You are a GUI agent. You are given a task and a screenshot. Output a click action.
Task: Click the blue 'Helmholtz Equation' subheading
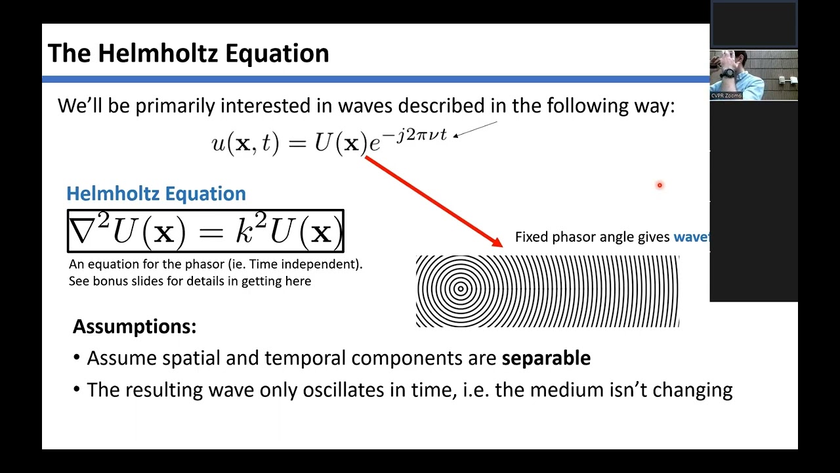coord(156,194)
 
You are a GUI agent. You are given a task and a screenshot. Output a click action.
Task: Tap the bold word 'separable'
coord(546,358)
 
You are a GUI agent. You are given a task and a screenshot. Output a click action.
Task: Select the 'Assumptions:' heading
coord(135,327)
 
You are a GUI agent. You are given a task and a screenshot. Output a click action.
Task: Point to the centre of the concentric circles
coord(461,289)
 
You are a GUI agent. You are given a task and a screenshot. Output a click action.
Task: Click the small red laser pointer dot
coord(660,185)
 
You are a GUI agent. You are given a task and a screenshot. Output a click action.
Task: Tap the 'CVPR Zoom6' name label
coord(726,96)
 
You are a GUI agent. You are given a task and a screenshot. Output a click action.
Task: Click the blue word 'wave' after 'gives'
coord(690,237)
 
